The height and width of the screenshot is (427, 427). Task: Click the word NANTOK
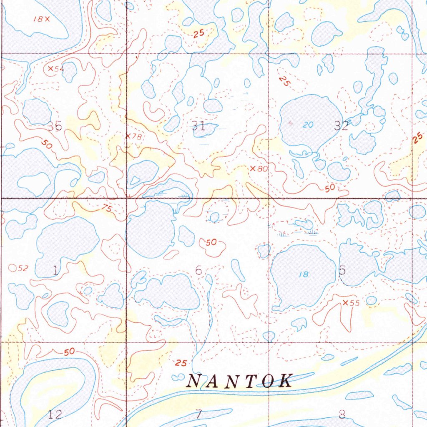tap(240, 381)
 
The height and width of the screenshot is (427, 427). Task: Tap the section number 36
tap(55, 126)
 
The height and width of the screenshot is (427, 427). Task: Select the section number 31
tap(198, 126)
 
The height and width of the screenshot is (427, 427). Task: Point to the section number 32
tap(341, 126)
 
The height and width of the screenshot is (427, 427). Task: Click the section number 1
tap(55, 271)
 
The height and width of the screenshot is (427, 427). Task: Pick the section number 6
tap(198, 271)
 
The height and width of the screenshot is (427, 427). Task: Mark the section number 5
tap(342, 271)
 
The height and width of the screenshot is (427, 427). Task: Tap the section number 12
tap(55, 414)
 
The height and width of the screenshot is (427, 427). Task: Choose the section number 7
tap(198, 414)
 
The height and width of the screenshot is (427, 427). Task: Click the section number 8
tap(342, 414)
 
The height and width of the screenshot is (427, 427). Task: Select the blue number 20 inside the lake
tap(308, 124)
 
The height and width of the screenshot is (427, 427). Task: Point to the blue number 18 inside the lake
tap(304, 274)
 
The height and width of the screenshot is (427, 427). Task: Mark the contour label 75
tap(107, 209)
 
